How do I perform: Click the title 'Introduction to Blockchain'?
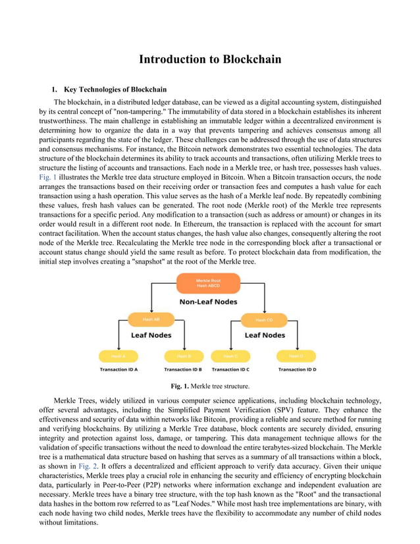point(210,60)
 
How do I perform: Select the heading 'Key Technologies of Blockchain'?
point(115,90)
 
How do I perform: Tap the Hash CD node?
point(264,320)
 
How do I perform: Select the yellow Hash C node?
point(230,356)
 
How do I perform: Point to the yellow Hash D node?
point(296,356)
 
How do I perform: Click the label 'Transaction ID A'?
point(118,369)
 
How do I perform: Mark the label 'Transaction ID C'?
point(230,369)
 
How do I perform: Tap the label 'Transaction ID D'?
point(297,369)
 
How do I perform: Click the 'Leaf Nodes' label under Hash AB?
point(152,335)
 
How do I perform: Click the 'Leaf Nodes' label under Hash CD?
point(265,335)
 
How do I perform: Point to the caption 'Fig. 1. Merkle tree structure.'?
point(210,386)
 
